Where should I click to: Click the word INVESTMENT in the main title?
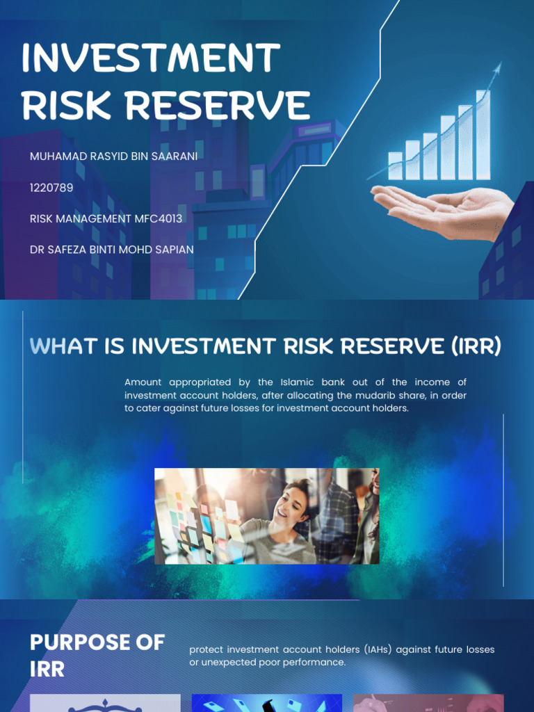(151, 58)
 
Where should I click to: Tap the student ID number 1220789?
(51, 188)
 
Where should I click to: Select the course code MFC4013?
(159, 218)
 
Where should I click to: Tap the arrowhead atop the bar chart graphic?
(497, 67)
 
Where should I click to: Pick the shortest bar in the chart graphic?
(395, 166)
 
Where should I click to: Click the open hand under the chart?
(445, 208)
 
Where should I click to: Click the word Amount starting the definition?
(145, 382)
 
